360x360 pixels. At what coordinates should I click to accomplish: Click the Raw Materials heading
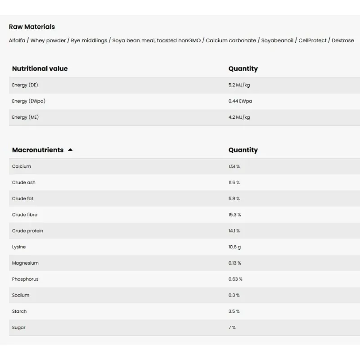coord(32,27)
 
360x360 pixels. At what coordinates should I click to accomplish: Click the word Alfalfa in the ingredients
coord(18,40)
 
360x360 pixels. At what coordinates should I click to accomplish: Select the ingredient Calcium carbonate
coord(231,40)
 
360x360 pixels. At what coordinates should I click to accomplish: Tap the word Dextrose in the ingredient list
coord(343,40)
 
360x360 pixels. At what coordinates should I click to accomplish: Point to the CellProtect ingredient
coord(313,40)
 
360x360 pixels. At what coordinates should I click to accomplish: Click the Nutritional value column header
coord(40,68)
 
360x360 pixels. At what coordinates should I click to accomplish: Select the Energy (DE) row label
coord(26,85)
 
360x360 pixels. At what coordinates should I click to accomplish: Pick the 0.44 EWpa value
coord(240,101)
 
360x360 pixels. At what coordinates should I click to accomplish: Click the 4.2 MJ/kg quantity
coord(239,117)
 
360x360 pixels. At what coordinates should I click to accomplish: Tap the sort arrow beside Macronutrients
coord(70,150)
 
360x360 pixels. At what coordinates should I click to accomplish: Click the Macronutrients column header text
coord(38,150)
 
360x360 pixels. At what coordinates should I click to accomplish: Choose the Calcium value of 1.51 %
coord(234,166)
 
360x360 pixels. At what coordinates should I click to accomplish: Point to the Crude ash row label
coord(24,183)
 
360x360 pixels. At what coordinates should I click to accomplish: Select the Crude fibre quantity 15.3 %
coord(234,215)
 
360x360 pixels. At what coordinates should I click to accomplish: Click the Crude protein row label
coord(27,231)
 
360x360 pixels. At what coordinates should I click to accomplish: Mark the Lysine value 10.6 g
coord(234,247)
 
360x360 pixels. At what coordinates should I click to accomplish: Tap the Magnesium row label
coord(25,263)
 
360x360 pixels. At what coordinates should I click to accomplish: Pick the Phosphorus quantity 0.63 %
coord(235,279)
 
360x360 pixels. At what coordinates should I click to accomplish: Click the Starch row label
coord(19,311)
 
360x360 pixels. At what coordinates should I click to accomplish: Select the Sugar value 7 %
coord(232,328)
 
